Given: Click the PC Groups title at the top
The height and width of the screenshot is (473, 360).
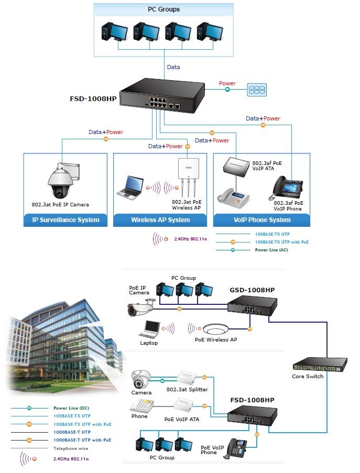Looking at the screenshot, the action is click(163, 9).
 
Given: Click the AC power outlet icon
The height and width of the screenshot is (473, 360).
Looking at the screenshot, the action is click(257, 90).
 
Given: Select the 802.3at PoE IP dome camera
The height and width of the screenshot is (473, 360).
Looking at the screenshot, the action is click(63, 180).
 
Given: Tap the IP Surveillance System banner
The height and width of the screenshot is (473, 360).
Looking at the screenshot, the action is click(66, 220).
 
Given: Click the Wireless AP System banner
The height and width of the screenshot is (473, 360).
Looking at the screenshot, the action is click(160, 220).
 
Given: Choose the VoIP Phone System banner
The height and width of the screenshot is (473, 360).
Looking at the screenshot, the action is click(262, 220).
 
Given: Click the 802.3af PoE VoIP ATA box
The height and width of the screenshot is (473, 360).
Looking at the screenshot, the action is click(236, 166).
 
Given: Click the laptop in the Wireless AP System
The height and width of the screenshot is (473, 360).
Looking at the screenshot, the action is click(130, 188).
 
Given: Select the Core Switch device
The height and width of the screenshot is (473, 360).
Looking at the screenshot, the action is click(320, 365).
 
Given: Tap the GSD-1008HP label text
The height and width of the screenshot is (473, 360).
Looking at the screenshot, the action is click(252, 290).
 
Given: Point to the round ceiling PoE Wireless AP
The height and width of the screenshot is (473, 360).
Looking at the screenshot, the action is click(215, 328).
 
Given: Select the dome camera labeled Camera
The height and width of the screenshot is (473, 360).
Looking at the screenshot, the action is click(141, 379).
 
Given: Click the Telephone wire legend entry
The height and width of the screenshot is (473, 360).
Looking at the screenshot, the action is click(50, 448).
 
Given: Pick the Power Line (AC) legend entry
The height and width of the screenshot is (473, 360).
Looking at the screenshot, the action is click(252, 250).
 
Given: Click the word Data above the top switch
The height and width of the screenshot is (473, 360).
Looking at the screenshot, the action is click(173, 67).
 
